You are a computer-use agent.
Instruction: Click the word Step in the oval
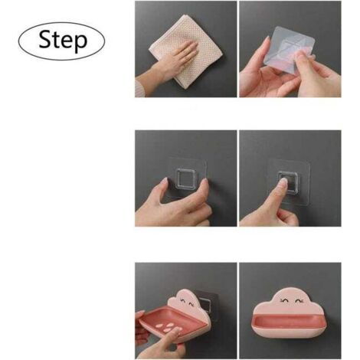point(63,40)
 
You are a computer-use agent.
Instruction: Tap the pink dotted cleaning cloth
point(185,51)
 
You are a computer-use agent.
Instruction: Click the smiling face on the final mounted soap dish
point(290,302)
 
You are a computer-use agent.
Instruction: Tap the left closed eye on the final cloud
point(284,301)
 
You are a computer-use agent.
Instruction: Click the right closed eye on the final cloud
point(298,301)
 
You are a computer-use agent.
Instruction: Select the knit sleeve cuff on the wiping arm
point(139,89)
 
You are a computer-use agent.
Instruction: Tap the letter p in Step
point(80,43)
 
